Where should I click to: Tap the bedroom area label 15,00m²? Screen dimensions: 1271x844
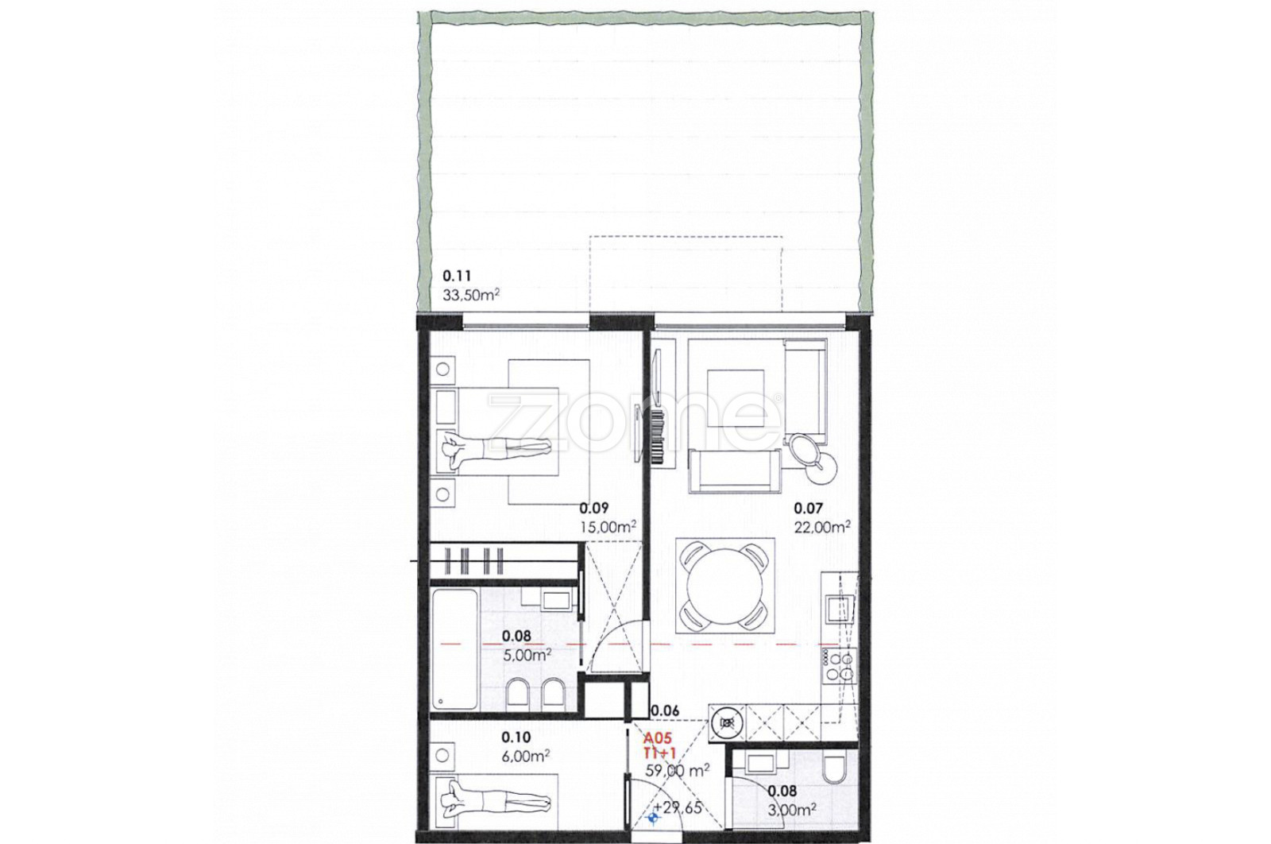pos(607,526)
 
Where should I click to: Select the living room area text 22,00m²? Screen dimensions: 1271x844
pos(822,526)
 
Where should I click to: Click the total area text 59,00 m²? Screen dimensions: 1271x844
pos(678,770)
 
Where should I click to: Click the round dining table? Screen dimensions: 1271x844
pos(724,586)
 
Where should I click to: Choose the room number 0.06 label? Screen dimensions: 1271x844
pos(665,710)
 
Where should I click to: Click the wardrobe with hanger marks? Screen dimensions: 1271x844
pos(504,561)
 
